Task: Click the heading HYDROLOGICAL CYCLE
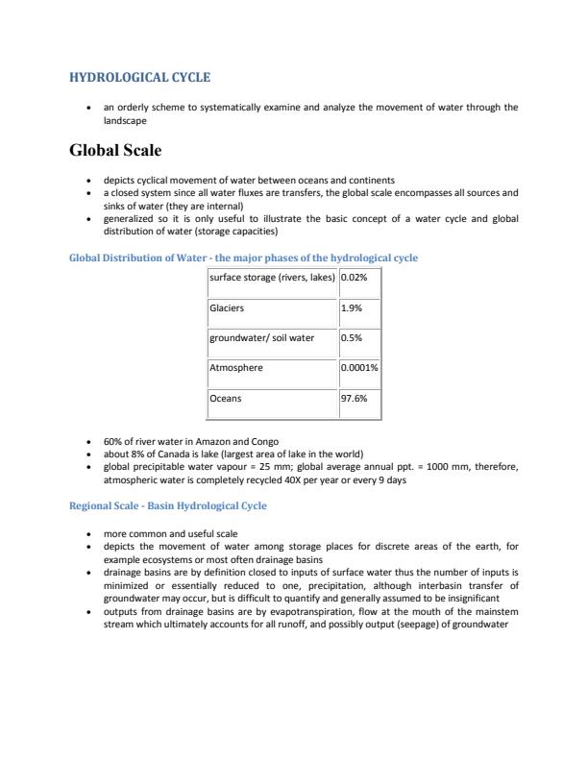pos(139,77)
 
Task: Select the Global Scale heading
pos(121,150)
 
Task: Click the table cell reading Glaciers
pos(227,308)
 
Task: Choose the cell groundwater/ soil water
pos(261,338)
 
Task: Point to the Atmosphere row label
pos(235,367)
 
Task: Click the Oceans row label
pos(225,397)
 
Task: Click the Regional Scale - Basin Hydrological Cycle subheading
pos(168,505)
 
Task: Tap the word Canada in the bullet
pos(163,455)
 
